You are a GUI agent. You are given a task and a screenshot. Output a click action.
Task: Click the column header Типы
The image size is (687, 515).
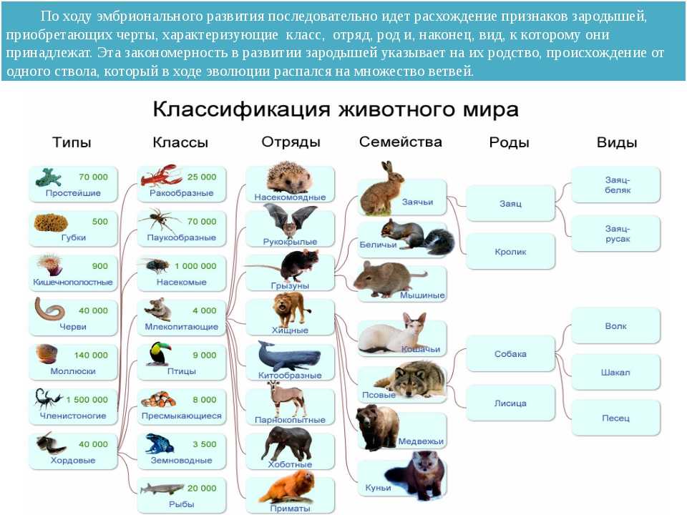(x=72, y=142)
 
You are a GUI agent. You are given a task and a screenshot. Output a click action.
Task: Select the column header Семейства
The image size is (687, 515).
(x=401, y=142)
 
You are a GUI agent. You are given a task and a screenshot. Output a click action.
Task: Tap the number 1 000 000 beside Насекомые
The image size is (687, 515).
(x=195, y=266)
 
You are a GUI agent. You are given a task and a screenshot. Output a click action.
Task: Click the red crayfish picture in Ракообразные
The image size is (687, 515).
(x=161, y=176)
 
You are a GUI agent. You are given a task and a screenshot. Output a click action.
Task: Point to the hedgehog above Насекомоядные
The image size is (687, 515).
(x=289, y=177)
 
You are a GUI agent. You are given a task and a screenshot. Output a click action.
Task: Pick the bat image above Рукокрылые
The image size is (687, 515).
(x=290, y=220)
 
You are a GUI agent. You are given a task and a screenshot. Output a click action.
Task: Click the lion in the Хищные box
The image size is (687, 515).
(x=288, y=309)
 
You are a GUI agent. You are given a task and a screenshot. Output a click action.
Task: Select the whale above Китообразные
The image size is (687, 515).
(x=288, y=356)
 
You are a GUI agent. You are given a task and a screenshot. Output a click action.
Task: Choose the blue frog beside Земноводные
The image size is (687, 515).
(x=159, y=444)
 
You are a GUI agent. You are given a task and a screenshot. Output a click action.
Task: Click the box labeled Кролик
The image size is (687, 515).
(x=510, y=252)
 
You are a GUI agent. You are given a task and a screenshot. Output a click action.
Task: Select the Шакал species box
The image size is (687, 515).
(x=615, y=372)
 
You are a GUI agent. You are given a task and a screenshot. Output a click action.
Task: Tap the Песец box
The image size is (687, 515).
(x=615, y=418)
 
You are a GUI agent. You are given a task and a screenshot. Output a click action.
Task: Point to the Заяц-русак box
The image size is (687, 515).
(x=615, y=233)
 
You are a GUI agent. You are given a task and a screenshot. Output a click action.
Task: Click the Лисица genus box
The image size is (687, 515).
(x=510, y=403)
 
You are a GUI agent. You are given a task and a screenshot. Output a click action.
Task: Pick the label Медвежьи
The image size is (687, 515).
(x=421, y=441)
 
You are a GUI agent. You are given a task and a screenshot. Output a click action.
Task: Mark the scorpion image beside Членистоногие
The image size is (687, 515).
(x=48, y=398)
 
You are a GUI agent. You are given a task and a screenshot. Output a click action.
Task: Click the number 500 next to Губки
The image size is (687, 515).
(x=100, y=222)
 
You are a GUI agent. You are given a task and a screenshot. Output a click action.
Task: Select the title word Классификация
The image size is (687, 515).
(x=241, y=109)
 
